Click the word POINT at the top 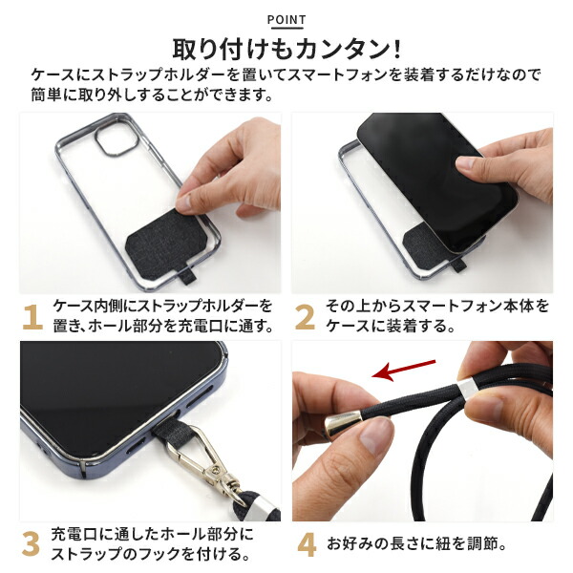tap(286, 19)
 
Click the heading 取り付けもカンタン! tap(286, 48)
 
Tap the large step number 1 tap(32, 316)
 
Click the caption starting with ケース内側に tap(162, 316)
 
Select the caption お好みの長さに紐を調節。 tap(421, 544)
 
